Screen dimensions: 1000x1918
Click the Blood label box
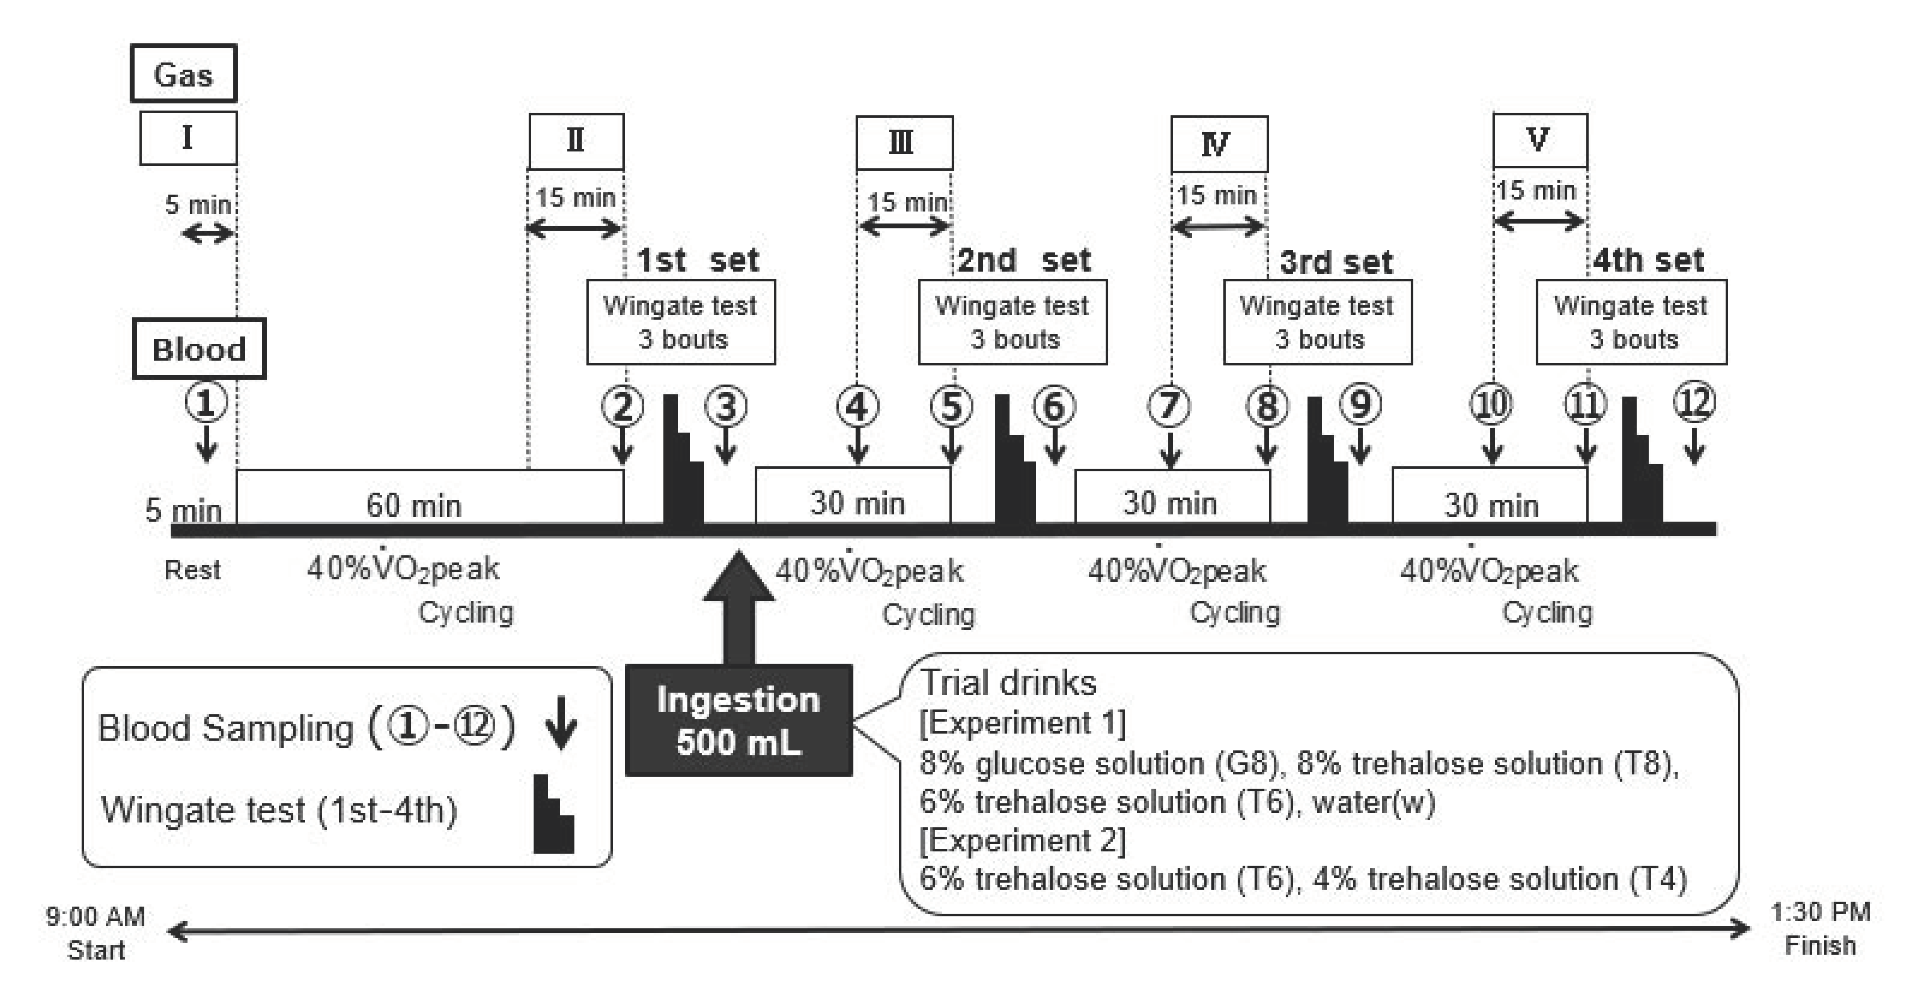coord(199,348)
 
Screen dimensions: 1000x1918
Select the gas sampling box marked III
coord(904,142)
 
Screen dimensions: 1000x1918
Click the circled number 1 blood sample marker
coord(206,403)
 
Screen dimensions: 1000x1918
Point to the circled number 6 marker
coord(1053,406)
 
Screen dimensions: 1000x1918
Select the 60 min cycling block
coord(429,497)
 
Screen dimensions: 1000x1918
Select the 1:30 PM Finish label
coord(1820,928)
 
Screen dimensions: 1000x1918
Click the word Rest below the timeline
coord(192,571)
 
